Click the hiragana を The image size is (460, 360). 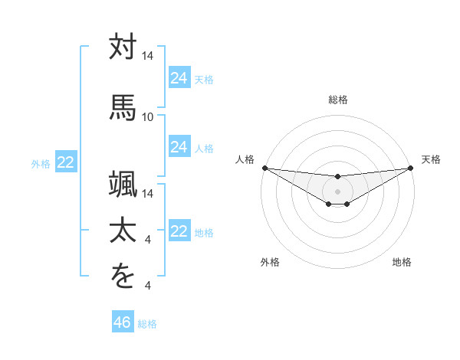(122, 276)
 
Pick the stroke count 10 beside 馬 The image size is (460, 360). (147, 116)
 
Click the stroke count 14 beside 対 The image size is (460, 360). (147, 57)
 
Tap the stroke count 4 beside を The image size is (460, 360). (147, 286)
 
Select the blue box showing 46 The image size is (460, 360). (122, 322)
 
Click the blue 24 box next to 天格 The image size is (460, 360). (179, 78)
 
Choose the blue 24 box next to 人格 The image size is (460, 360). (179, 147)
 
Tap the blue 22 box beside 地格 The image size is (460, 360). (179, 231)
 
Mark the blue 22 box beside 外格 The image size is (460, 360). (66, 162)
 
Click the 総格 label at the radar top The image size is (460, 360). (338, 100)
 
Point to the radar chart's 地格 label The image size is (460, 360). (402, 262)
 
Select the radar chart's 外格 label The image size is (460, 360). (270, 262)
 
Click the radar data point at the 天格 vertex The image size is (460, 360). (411, 168)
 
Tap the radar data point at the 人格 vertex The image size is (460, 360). (264, 168)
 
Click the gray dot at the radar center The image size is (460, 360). (337, 191)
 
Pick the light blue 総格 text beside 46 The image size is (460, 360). (147, 324)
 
